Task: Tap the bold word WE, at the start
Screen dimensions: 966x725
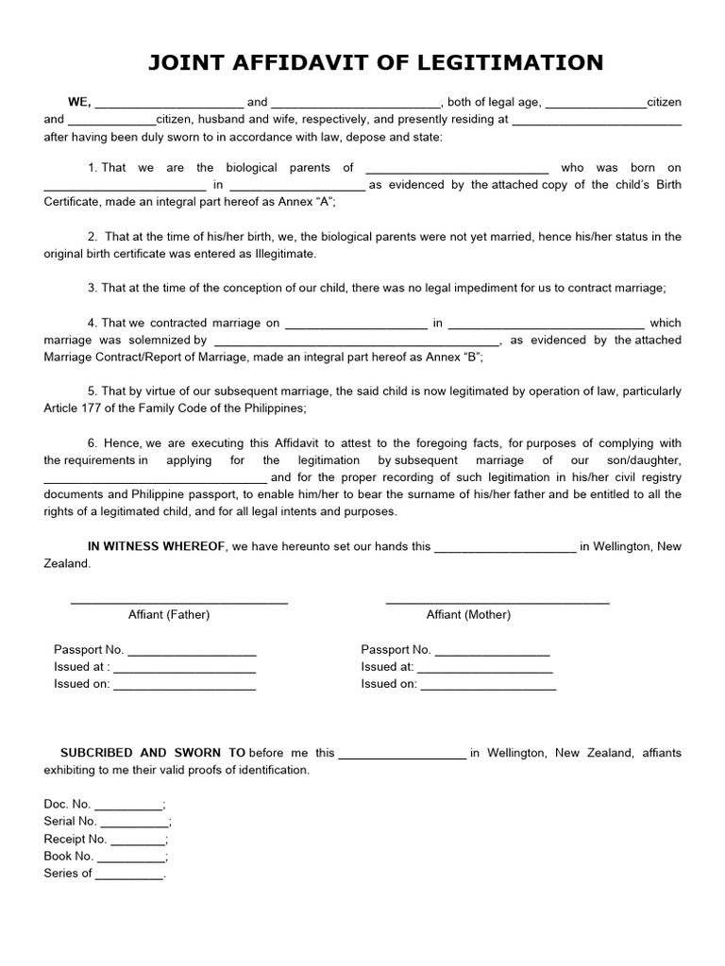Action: [x=78, y=102]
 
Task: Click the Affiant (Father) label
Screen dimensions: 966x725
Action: [x=169, y=614]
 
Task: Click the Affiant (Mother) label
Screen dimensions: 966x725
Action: [x=468, y=614]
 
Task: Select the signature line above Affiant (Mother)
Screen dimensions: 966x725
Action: [x=497, y=602]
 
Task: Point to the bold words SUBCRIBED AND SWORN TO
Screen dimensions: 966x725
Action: [x=153, y=753]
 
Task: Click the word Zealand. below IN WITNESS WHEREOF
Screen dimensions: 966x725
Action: [x=67, y=563]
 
